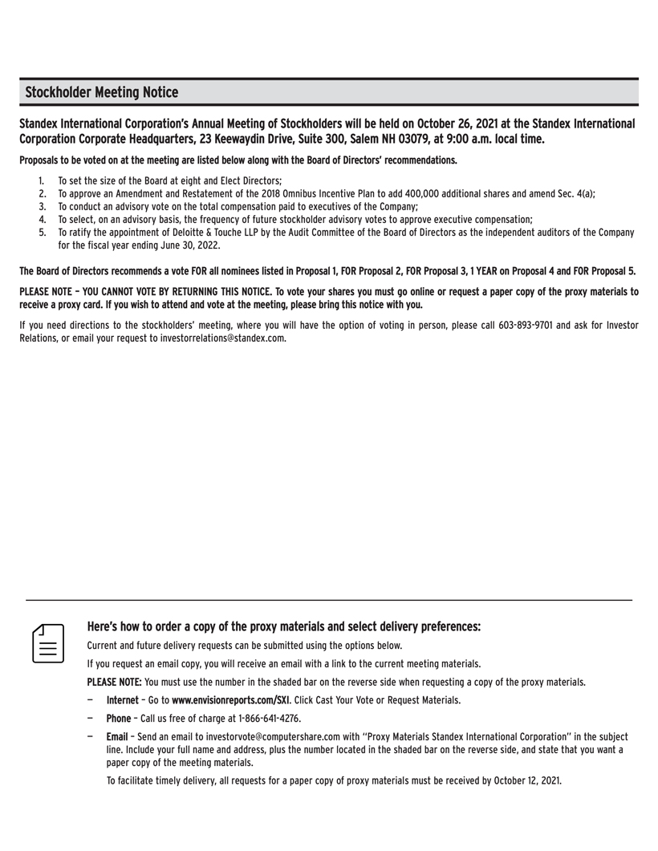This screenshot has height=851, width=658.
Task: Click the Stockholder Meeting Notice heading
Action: pos(102,92)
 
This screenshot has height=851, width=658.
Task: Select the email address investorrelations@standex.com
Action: pos(216,338)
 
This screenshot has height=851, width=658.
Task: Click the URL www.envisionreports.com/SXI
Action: pos(225,700)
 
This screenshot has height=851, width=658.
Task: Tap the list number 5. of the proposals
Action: pos(42,233)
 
